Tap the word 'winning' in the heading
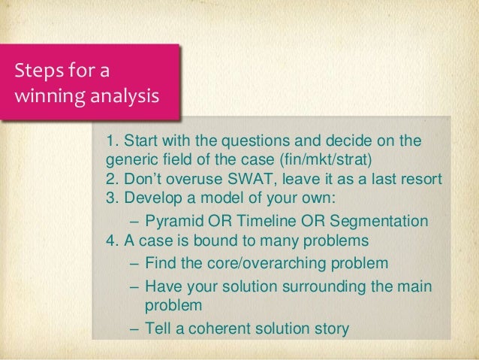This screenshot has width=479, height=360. pyautogui.click(x=37, y=97)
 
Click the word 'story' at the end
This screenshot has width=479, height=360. pyautogui.click(x=331, y=329)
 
